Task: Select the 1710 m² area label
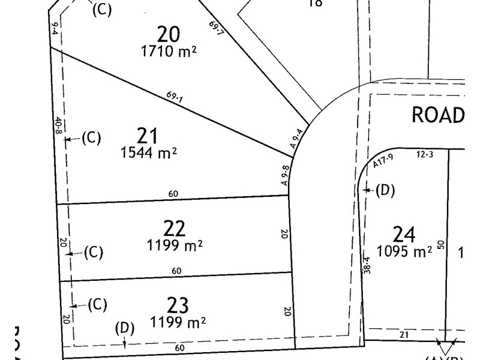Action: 169,52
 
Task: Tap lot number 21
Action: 147,136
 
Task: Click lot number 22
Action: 174,228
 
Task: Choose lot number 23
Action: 178,305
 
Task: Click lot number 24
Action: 404,234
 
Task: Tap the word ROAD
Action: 439,115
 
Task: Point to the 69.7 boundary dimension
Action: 217,29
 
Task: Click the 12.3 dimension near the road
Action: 424,155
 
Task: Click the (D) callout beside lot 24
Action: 385,191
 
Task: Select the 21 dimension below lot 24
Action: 403,335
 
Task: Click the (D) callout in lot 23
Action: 124,328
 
